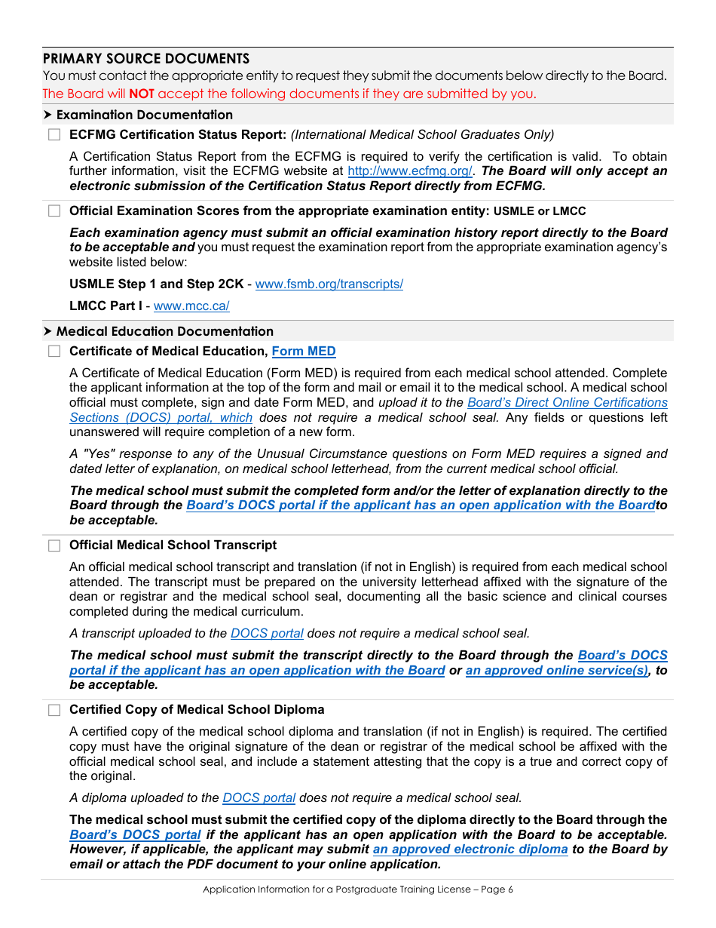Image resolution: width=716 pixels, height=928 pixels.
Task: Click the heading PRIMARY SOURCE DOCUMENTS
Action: [x=145, y=59]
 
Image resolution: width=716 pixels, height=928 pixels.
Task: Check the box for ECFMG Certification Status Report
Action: [x=54, y=135]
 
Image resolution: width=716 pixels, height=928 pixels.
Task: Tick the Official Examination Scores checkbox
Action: [x=54, y=211]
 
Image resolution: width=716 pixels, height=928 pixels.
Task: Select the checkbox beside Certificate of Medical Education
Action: [x=54, y=352]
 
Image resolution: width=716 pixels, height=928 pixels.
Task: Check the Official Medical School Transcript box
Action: [x=54, y=545]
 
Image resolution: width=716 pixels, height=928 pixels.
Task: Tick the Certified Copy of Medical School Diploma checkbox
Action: [x=54, y=710]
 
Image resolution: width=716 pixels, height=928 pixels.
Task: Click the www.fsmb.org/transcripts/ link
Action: [x=329, y=284]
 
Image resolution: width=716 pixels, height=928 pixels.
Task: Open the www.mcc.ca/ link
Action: [x=191, y=306]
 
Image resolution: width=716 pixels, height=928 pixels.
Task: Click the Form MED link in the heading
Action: [x=304, y=352]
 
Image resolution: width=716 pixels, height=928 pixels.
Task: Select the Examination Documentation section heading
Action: [x=144, y=115]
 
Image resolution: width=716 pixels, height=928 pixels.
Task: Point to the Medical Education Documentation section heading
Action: [x=164, y=331]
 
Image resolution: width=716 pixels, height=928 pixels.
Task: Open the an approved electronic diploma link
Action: [x=470, y=850]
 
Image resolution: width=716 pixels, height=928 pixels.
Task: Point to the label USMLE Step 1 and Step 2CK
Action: [x=156, y=284]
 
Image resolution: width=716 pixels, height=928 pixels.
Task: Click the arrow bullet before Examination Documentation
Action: [x=47, y=115]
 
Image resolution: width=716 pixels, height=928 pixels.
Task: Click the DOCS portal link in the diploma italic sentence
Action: [x=259, y=798]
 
